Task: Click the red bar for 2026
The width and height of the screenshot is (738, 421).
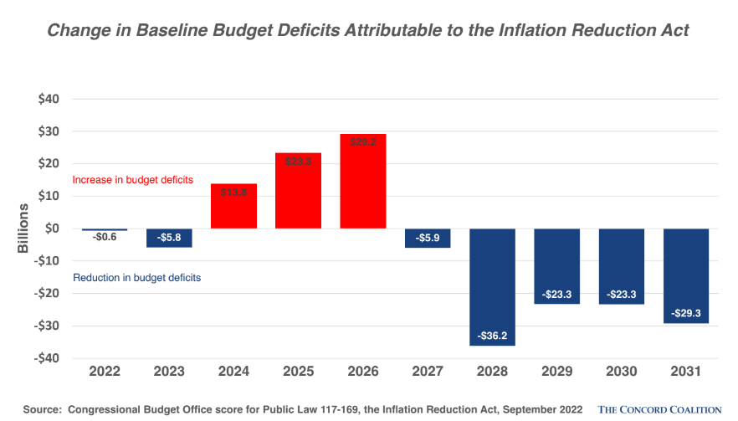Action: tap(362, 181)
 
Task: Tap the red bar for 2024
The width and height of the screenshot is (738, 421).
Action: tap(233, 206)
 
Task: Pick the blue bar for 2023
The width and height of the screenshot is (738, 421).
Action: tap(169, 238)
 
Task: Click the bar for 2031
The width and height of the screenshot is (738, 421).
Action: tap(685, 275)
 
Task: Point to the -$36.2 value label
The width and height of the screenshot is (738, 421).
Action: tap(492, 335)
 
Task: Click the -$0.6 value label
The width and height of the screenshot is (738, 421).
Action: tap(105, 238)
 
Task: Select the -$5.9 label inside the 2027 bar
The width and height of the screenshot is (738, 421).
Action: tap(428, 238)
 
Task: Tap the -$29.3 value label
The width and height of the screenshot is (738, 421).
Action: tap(685, 313)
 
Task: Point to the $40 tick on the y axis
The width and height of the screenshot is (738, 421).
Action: tap(48, 99)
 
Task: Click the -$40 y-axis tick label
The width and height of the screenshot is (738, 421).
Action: tap(46, 358)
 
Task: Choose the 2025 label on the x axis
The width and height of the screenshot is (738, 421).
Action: tap(298, 371)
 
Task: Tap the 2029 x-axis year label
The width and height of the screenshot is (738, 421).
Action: tap(556, 371)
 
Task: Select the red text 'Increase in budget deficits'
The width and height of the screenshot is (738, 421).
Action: tap(133, 180)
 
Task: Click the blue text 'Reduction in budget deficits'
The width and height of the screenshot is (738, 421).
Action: tap(137, 277)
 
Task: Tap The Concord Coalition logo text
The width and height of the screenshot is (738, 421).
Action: tap(659, 409)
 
